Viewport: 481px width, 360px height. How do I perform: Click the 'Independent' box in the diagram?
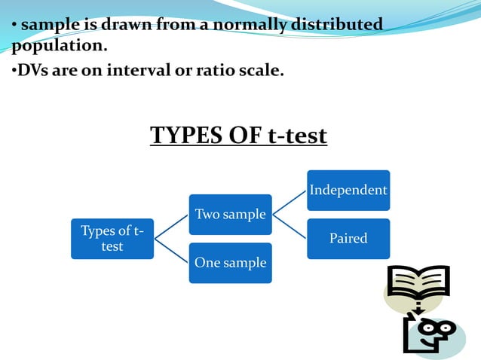[x=348, y=190]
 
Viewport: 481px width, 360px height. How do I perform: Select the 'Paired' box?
[x=348, y=239]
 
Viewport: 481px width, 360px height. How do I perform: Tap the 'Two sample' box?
[x=230, y=215]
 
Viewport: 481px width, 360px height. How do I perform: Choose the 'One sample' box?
[x=230, y=263]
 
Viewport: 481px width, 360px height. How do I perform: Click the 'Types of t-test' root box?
[x=112, y=239]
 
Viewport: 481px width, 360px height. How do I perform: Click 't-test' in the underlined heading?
[x=297, y=136]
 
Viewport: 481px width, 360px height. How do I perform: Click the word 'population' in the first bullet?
[x=57, y=46]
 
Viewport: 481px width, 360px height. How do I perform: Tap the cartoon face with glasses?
[x=430, y=331]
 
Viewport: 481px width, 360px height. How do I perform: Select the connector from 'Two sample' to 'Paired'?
[x=290, y=227]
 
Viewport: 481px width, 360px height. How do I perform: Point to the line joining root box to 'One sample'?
[x=171, y=251]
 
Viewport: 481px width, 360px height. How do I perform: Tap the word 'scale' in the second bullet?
[x=259, y=72]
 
